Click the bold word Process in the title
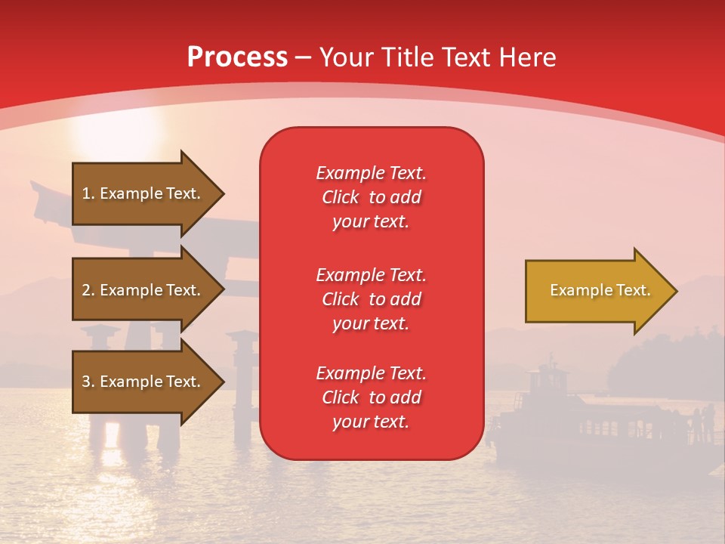237,57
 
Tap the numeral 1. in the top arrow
88,193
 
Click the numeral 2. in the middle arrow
88,290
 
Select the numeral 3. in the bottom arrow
88,382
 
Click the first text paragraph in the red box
371,197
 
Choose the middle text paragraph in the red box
371,298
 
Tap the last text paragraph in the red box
371,397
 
